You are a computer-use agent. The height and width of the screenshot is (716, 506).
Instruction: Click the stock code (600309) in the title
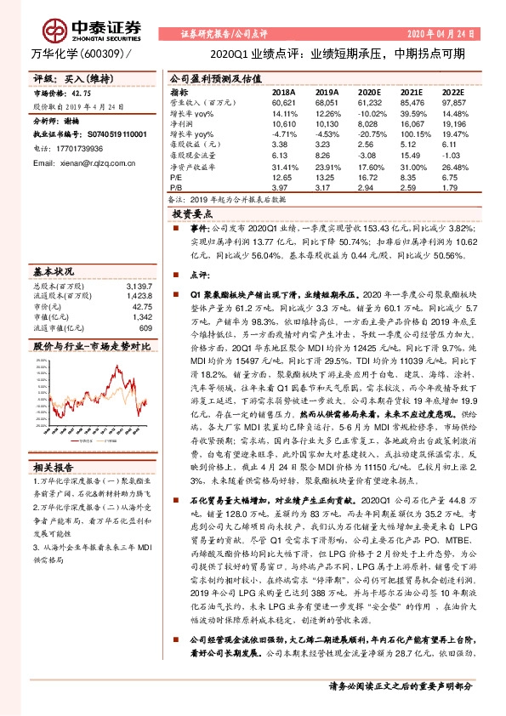[104, 53]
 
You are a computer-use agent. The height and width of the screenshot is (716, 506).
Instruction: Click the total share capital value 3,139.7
[138, 287]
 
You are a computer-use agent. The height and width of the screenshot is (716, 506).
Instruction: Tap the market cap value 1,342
[140, 317]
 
